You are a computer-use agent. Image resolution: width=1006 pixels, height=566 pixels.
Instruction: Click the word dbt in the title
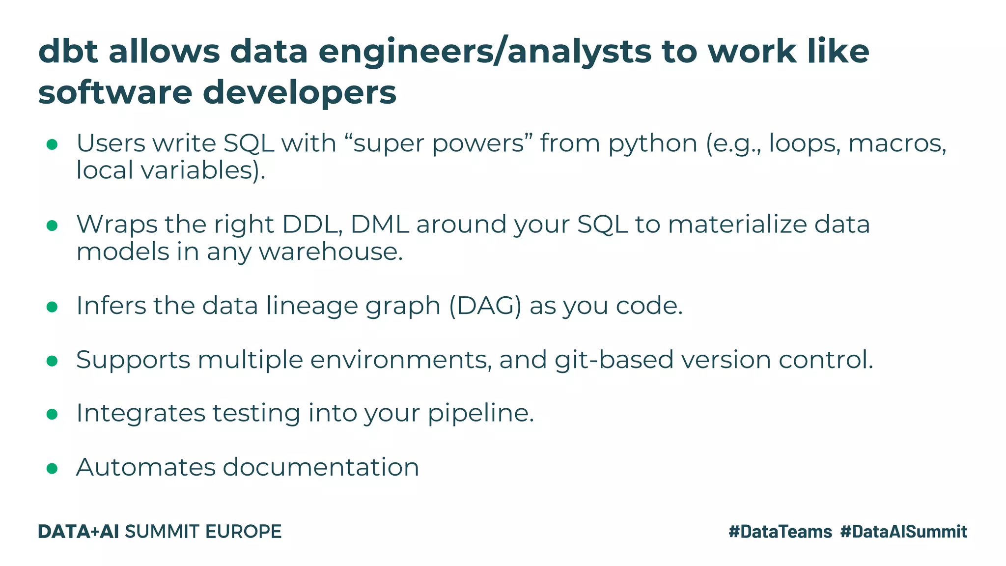point(68,51)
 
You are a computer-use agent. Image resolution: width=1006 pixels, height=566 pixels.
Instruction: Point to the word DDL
point(312,225)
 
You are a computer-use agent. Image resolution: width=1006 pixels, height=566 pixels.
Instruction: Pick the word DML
point(380,225)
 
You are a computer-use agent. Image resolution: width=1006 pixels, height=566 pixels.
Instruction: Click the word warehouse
point(331,252)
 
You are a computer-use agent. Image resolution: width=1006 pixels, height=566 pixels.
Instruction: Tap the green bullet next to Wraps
point(52,225)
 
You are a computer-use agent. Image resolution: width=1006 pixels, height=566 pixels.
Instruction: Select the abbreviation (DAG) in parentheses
point(485,306)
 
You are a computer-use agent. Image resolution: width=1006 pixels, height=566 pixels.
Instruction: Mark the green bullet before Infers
point(52,307)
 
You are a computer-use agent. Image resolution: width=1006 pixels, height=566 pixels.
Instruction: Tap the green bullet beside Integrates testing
point(52,414)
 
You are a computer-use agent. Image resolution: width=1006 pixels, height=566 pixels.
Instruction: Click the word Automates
point(146,467)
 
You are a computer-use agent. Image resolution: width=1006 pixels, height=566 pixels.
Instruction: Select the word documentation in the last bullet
point(321,467)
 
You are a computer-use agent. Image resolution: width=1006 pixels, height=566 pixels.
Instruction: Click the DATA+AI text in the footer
point(78,532)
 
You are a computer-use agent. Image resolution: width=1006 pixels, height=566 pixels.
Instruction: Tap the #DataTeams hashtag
point(780,532)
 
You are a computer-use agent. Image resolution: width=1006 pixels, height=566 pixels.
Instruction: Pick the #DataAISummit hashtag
point(903,532)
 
